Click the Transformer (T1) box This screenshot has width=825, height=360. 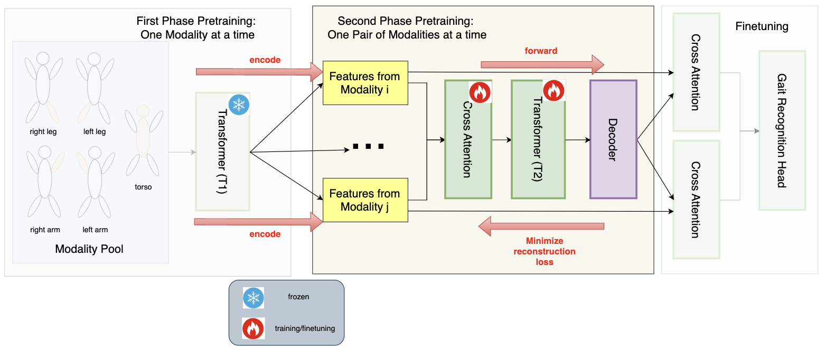222,153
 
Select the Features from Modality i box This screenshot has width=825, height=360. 364,83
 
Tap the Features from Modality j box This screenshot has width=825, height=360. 364,200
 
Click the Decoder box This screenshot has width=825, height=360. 613,139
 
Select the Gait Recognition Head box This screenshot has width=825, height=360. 782,130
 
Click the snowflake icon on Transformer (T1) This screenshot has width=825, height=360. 239,104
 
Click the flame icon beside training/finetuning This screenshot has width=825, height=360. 254,328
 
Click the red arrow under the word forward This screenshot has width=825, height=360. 542,64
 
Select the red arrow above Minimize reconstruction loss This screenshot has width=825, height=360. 541,226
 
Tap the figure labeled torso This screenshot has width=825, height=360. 143,140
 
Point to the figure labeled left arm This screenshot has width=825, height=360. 95,185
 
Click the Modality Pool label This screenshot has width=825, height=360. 89,249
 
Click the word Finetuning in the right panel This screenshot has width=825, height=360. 762,26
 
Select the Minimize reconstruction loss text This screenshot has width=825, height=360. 545,251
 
